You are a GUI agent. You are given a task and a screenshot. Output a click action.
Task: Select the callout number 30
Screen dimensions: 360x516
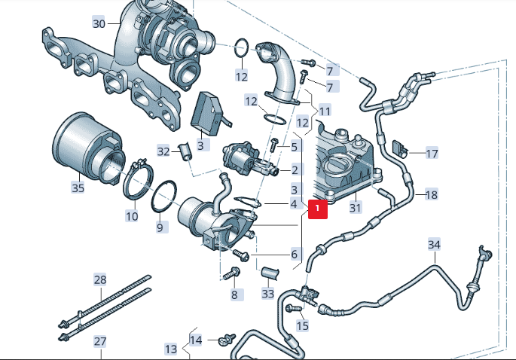coord(99,23)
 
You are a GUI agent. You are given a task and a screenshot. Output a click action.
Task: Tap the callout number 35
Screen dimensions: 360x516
coord(78,188)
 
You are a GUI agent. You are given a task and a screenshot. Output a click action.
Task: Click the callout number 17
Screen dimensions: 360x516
coord(431,154)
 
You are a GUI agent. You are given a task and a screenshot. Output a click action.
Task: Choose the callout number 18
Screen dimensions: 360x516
coord(431,194)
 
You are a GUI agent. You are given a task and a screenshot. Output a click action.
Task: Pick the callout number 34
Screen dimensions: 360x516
coord(434,245)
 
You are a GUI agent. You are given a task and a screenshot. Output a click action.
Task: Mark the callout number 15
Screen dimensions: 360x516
coord(303,326)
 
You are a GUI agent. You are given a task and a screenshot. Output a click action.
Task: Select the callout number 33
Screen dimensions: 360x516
coord(268,293)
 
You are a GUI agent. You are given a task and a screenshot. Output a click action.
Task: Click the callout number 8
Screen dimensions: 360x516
coord(234,294)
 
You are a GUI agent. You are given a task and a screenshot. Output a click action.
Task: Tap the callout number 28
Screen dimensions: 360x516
coord(100,279)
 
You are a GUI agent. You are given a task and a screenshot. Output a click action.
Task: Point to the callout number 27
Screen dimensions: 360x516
coord(100,341)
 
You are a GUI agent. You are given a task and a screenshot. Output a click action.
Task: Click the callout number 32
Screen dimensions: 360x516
coord(163,151)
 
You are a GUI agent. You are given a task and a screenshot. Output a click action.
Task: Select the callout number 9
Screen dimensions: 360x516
coord(160,227)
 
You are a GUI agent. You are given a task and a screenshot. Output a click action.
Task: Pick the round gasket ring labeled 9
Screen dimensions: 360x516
coord(164,198)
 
